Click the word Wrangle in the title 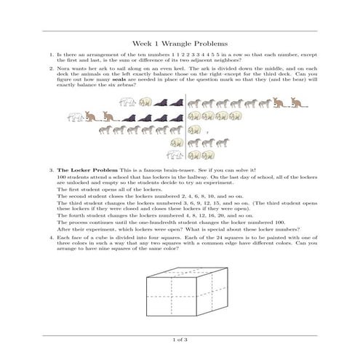pos(179,44)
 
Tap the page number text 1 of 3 pos(180,340)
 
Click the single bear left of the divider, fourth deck pos(176,143)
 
